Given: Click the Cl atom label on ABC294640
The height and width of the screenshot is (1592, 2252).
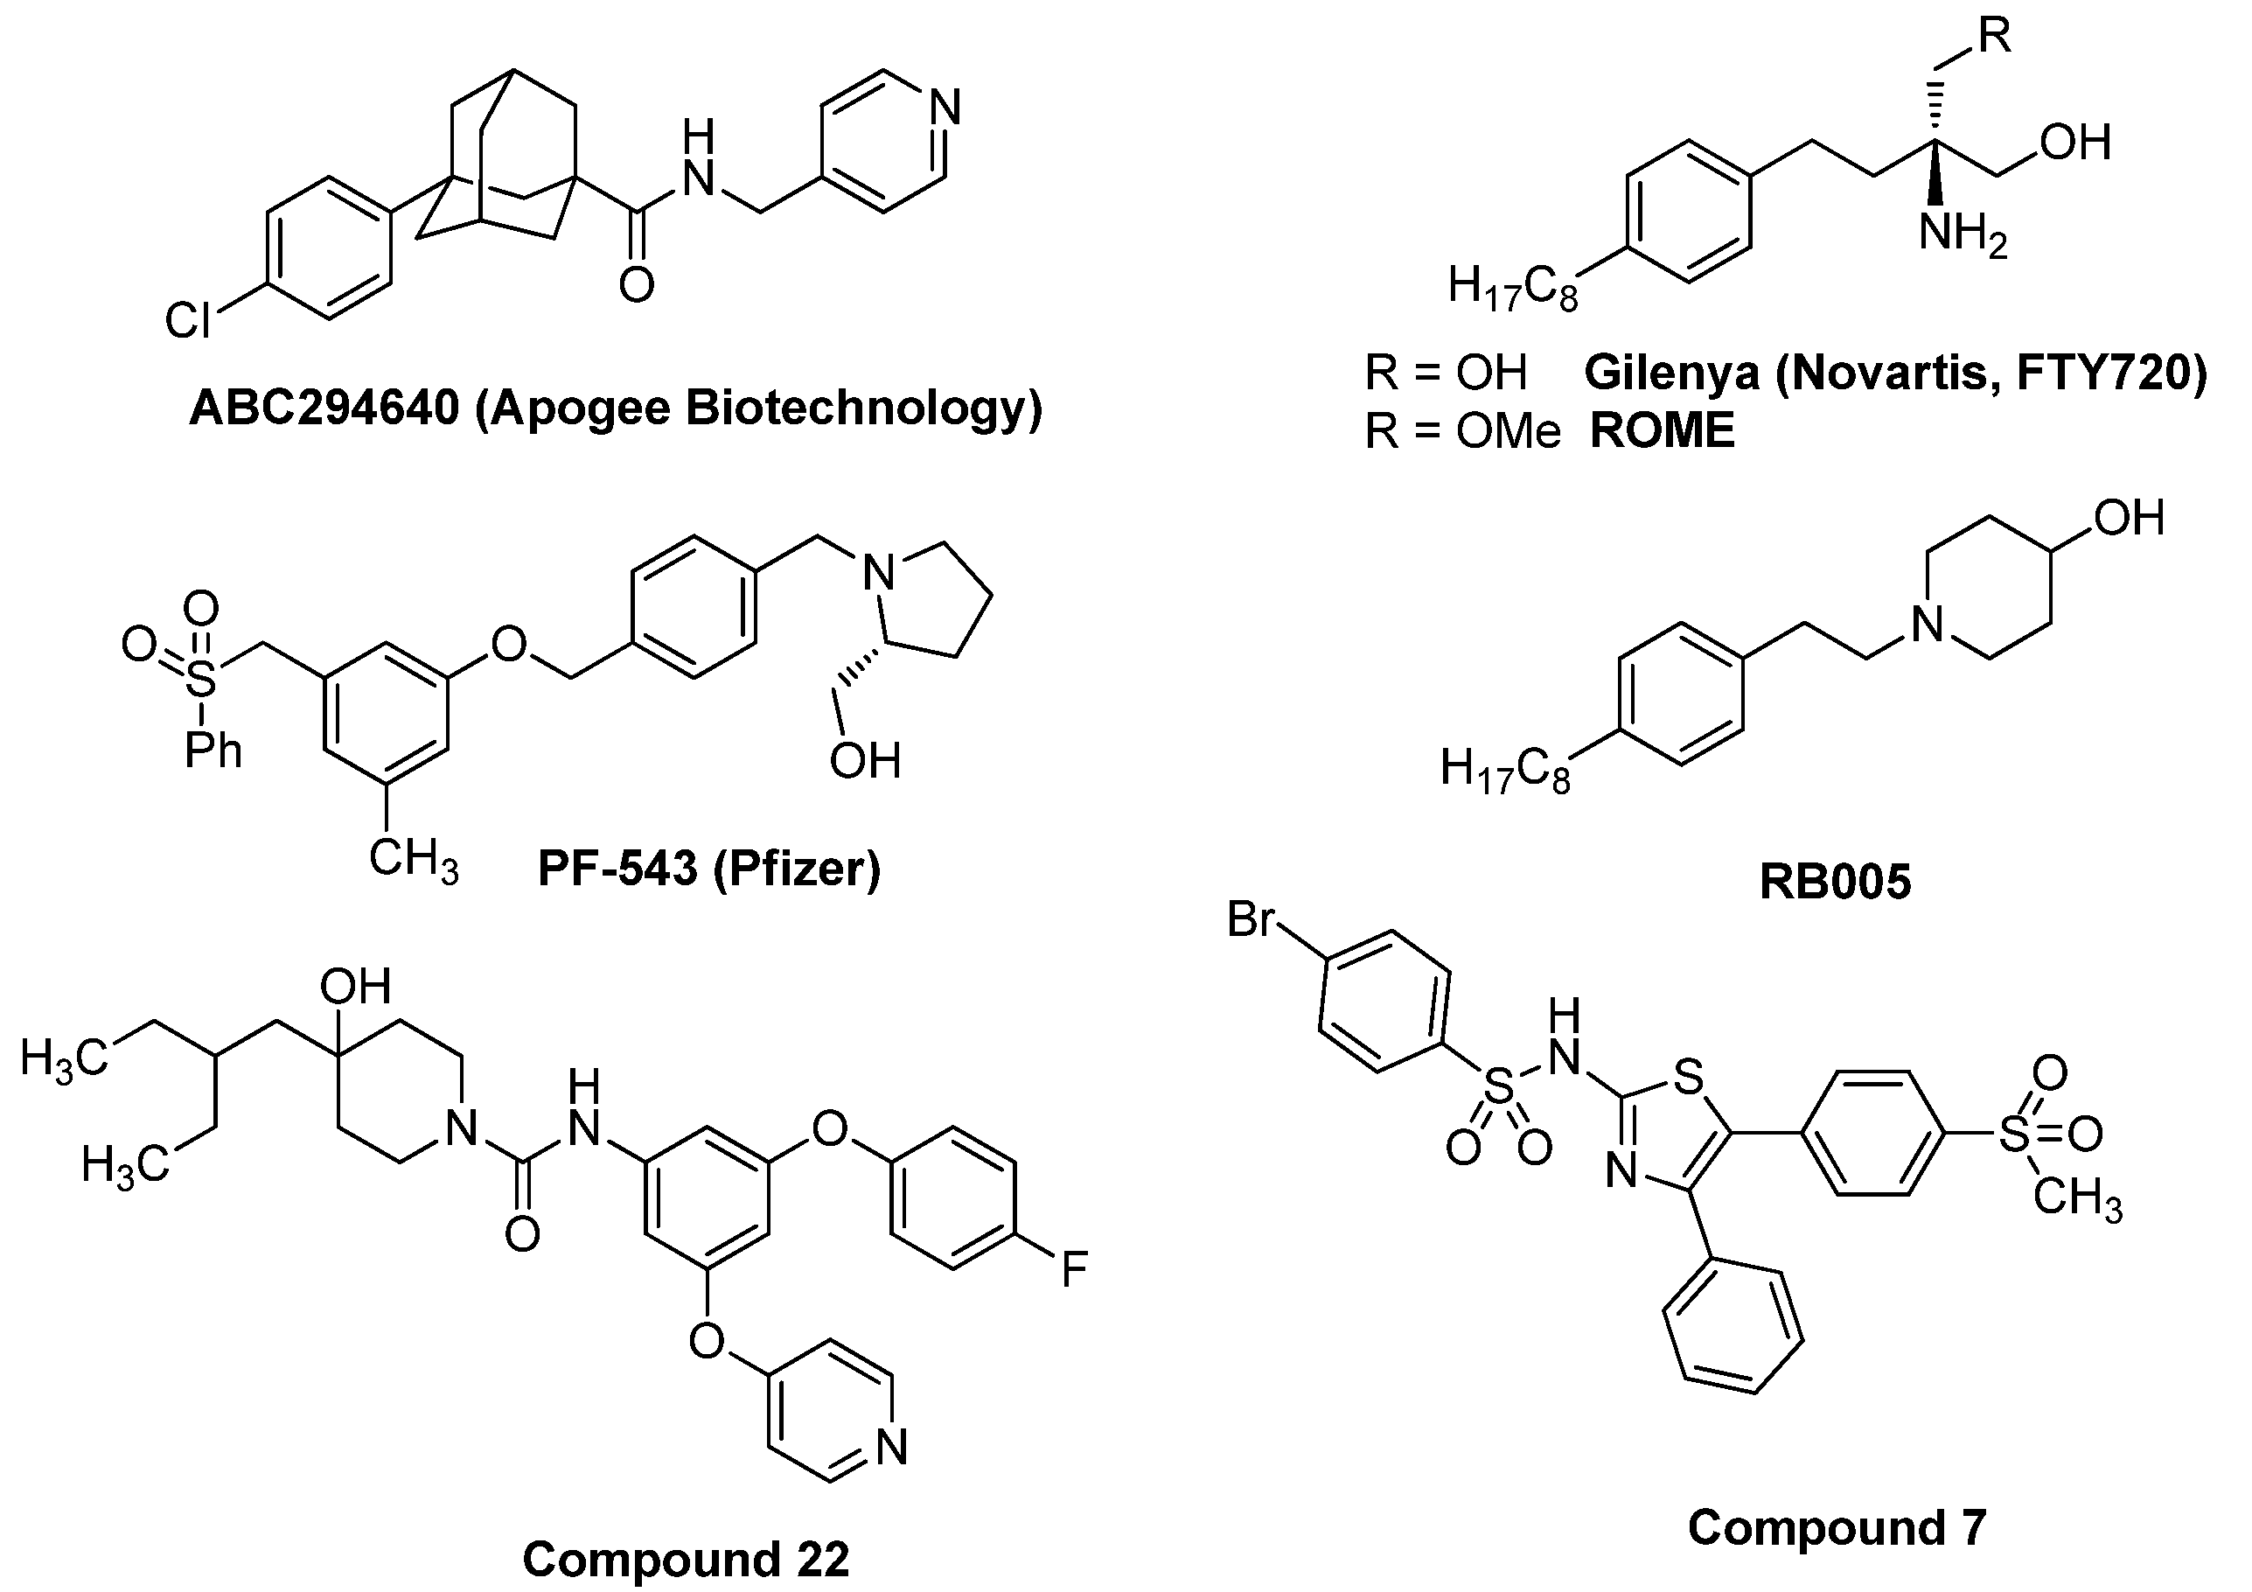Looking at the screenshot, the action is pos(187,321).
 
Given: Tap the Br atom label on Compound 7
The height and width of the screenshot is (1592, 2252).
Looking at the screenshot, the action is pos(1251,920).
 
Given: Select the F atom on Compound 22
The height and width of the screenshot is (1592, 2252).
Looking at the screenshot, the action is pos(1075,1268).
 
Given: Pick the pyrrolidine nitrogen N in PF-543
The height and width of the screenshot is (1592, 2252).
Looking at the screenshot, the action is pos(880,572).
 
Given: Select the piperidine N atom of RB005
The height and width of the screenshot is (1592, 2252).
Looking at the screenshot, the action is pos(1928,624).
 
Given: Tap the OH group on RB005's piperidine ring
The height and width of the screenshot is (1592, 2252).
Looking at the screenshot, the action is pos(2130,517).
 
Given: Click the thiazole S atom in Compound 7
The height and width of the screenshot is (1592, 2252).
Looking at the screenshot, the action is pos(1687,1077).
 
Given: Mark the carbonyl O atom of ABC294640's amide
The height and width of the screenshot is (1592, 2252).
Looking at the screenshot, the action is pos(637,284).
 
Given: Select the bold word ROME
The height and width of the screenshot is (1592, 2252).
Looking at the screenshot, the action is pos(1662,430).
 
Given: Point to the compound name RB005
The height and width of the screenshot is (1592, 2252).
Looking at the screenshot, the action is pos(1835,881).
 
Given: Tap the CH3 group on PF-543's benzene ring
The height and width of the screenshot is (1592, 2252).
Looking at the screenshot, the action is pos(413,859).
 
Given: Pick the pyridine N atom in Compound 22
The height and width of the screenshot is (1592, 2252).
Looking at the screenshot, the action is pos(891,1447).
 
